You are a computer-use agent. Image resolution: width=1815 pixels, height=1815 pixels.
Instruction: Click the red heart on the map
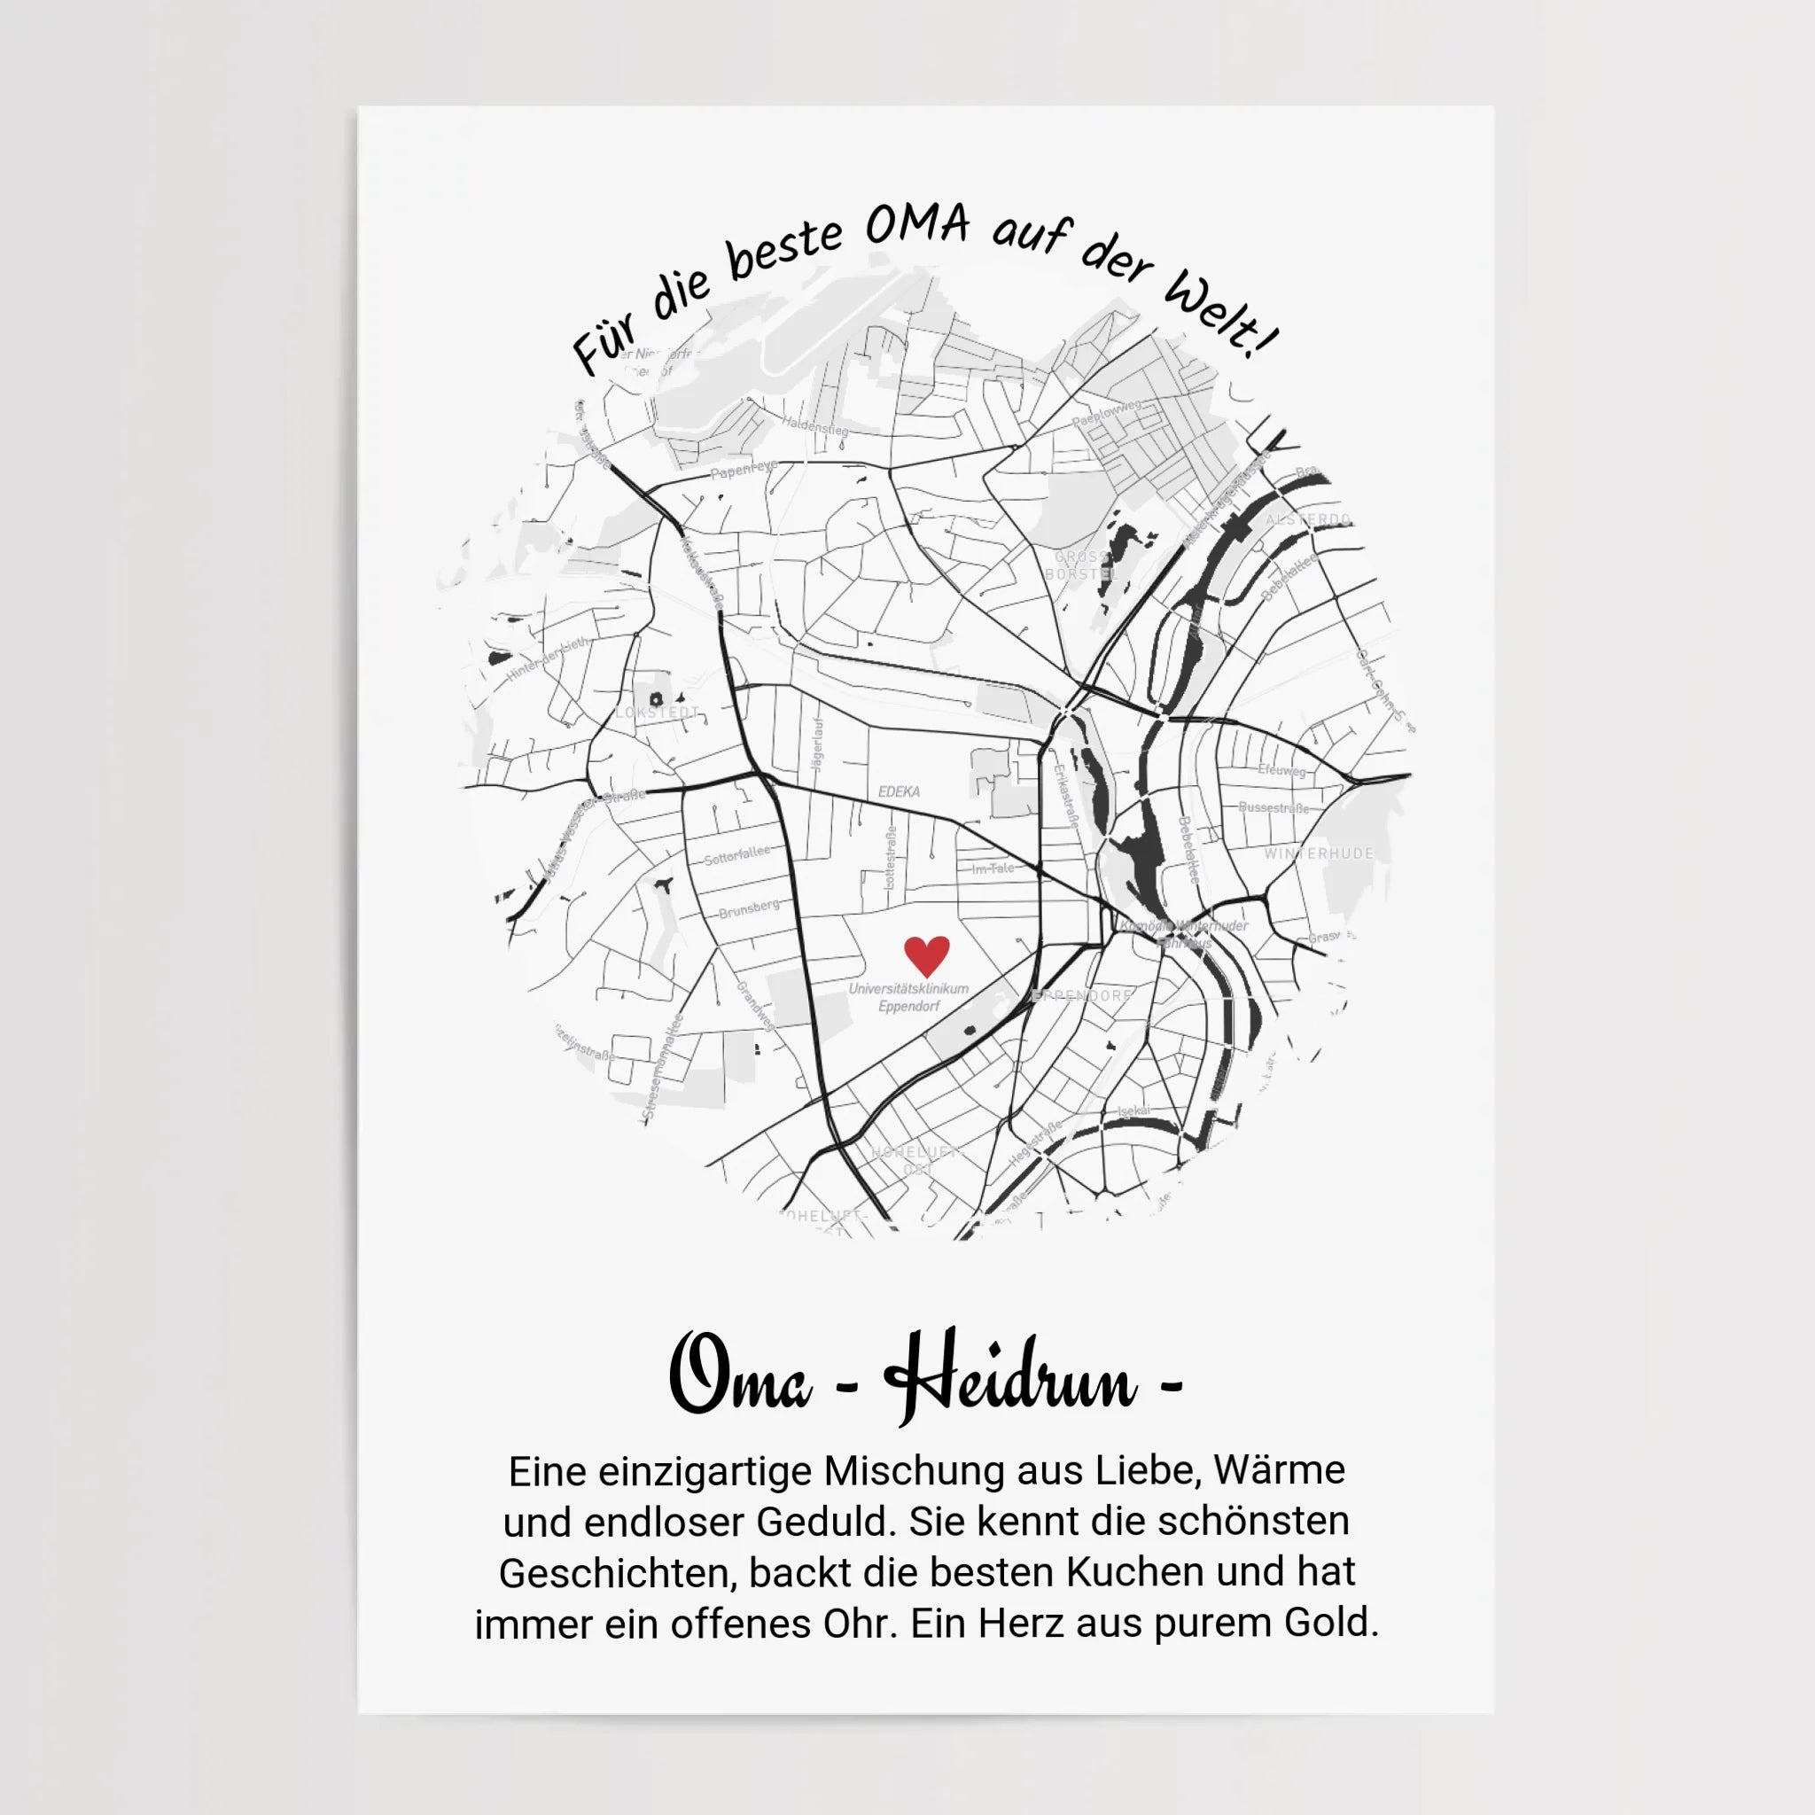click(x=926, y=955)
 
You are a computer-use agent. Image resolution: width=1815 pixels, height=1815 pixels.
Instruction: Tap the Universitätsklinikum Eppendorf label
click(x=908, y=997)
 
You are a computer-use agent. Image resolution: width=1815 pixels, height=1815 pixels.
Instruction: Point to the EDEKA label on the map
click(x=899, y=791)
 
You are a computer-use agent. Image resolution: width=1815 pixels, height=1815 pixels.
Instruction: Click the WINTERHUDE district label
click(x=1318, y=853)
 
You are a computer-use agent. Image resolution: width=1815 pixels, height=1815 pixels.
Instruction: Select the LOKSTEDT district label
click(x=658, y=713)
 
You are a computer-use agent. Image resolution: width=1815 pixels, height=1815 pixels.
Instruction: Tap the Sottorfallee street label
click(x=737, y=854)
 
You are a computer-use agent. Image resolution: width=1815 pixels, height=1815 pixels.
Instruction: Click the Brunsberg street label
click(x=749, y=908)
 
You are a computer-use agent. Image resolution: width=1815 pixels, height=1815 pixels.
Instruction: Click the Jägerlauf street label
click(x=816, y=745)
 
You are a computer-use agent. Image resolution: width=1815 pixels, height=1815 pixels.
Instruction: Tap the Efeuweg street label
click(x=1281, y=769)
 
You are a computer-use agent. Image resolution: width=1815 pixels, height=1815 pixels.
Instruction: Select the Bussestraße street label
click(x=1273, y=807)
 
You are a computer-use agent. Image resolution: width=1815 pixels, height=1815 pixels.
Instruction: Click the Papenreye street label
click(x=743, y=469)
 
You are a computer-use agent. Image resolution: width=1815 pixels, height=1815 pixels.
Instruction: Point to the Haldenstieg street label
click(x=815, y=425)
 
